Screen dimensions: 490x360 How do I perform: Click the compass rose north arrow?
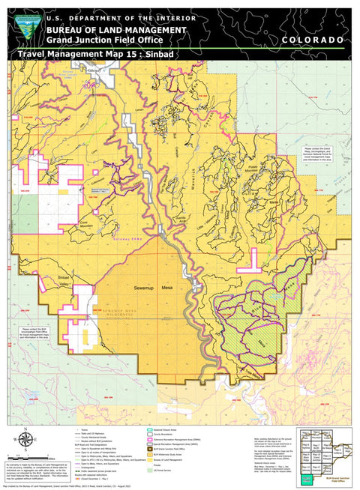point(28,441)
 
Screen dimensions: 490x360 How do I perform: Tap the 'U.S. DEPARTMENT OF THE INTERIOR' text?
point(121,18)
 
